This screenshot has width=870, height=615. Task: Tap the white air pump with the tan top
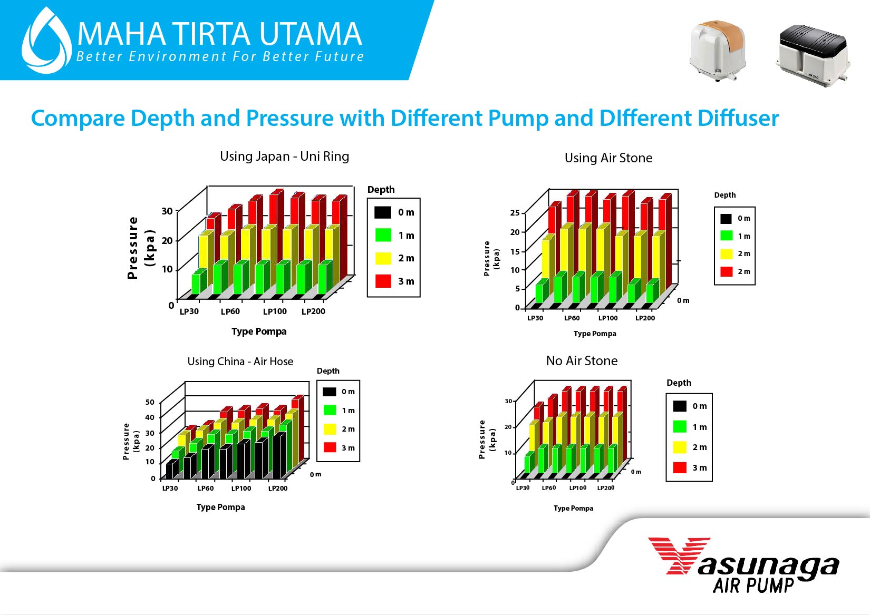(718, 51)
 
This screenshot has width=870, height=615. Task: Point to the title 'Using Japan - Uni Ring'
(284, 157)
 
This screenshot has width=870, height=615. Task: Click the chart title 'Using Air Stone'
(608, 158)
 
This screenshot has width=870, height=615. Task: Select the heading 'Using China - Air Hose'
(240, 362)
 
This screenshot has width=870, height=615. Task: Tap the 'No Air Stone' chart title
(582, 361)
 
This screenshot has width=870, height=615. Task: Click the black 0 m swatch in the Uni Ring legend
(383, 212)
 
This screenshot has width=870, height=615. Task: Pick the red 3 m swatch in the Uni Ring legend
(383, 281)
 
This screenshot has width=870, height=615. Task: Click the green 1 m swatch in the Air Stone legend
(726, 236)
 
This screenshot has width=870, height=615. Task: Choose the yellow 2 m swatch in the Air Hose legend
(330, 429)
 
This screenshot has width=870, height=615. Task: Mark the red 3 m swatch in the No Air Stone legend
(680, 467)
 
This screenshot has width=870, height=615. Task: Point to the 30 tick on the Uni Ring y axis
(167, 211)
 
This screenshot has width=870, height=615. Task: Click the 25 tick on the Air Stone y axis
(515, 213)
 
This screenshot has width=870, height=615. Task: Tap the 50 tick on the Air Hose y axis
(150, 402)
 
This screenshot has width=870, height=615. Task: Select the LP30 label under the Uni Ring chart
(189, 311)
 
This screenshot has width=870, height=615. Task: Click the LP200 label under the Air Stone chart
(645, 318)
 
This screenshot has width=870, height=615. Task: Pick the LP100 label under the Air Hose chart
(241, 489)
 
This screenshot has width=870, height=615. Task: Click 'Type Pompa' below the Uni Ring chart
(259, 331)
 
